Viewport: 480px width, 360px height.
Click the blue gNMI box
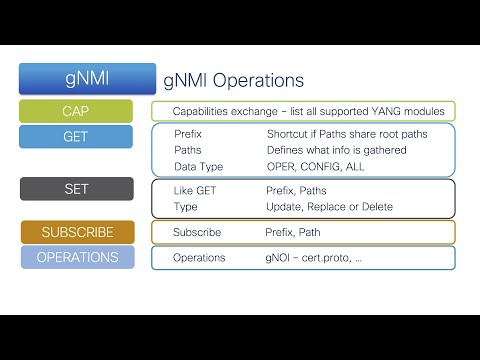tap(88, 79)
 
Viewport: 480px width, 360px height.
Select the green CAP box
tap(76, 111)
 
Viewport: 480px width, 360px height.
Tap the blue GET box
tap(76, 137)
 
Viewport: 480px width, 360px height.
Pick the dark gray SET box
tap(76, 189)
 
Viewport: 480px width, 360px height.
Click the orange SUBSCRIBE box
tap(76, 232)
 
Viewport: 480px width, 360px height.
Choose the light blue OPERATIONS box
tap(76, 257)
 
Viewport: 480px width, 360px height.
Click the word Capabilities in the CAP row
tap(204, 111)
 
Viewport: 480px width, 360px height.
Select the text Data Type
tap(198, 166)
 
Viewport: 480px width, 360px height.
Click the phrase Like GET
tap(195, 189)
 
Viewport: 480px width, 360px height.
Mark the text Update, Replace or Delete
tap(329, 207)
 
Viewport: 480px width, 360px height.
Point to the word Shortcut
tap(291, 133)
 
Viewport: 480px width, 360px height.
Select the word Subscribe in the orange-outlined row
tap(196, 232)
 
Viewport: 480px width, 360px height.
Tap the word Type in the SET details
tap(185, 207)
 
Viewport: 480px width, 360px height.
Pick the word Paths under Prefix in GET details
tap(187, 149)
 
